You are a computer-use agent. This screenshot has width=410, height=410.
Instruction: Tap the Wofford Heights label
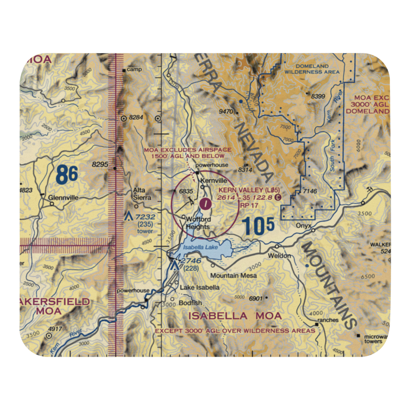click(198, 223)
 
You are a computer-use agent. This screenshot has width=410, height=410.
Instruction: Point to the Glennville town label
click(63, 197)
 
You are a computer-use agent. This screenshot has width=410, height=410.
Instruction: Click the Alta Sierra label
click(142, 194)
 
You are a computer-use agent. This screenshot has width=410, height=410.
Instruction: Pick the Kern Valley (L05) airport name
click(249, 190)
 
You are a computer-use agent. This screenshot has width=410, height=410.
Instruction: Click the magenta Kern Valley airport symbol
click(205, 202)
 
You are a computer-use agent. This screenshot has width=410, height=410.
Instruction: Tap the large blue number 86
click(66, 175)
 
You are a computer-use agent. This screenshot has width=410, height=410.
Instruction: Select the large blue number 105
click(257, 226)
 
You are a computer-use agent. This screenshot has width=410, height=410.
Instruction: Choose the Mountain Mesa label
click(234, 276)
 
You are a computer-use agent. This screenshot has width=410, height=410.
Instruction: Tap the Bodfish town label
click(190, 303)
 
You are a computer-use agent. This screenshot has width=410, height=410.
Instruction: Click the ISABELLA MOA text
click(235, 316)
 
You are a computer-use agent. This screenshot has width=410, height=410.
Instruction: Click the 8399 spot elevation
click(318, 96)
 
